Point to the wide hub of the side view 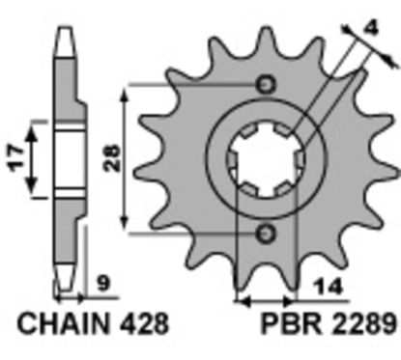66,158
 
